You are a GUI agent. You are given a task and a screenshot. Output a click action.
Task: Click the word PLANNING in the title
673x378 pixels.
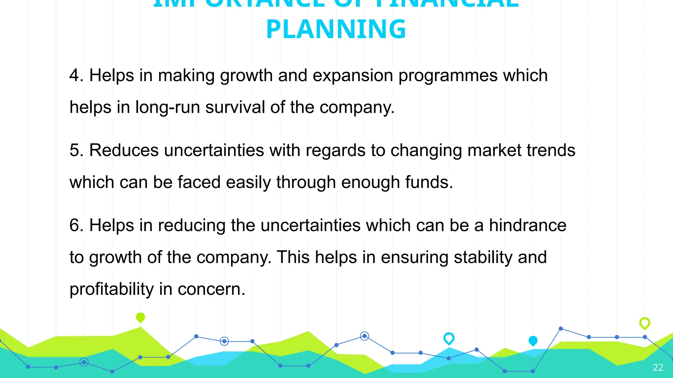pyautogui.click(x=336, y=29)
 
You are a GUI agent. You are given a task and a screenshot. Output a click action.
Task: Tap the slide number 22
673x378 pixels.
pyautogui.click(x=658, y=367)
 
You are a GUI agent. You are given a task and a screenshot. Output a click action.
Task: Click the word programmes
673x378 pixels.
pyautogui.click(x=448, y=76)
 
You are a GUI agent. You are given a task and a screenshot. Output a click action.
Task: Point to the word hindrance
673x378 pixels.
pyautogui.click(x=527, y=225)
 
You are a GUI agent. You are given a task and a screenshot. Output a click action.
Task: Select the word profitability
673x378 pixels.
pyautogui.click(x=111, y=289)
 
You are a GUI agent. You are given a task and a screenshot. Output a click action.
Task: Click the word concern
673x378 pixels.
pyautogui.click(x=211, y=289)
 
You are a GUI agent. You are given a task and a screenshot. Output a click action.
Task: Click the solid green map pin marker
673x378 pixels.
pyautogui.click(x=140, y=317)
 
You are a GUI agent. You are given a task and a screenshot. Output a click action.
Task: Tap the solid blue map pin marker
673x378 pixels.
pyautogui.click(x=533, y=341)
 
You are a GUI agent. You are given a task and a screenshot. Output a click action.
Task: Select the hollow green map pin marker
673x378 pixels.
pyautogui.click(x=644, y=323)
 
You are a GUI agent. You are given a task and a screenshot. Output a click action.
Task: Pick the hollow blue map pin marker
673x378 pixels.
pyautogui.click(x=449, y=338)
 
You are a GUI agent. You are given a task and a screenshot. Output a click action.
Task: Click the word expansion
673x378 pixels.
pyautogui.click(x=353, y=76)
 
